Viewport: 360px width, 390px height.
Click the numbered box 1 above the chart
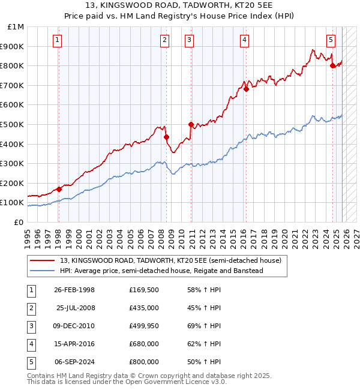click(x=57, y=40)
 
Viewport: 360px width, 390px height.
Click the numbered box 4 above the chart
click(x=245, y=40)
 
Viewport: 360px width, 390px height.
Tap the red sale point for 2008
click(x=167, y=137)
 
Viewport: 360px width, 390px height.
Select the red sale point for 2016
click(x=246, y=89)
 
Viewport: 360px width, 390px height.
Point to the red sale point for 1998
click(x=59, y=189)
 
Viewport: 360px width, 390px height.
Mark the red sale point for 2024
click(x=332, y=65)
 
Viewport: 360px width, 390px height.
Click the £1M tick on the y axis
click(x=16, y=27)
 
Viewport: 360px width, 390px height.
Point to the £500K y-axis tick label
click(x=13, y=125)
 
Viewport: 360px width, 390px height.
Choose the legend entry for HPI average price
click(x=161, y=271)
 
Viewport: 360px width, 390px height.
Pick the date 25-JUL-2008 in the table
click(x=74, y=308)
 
